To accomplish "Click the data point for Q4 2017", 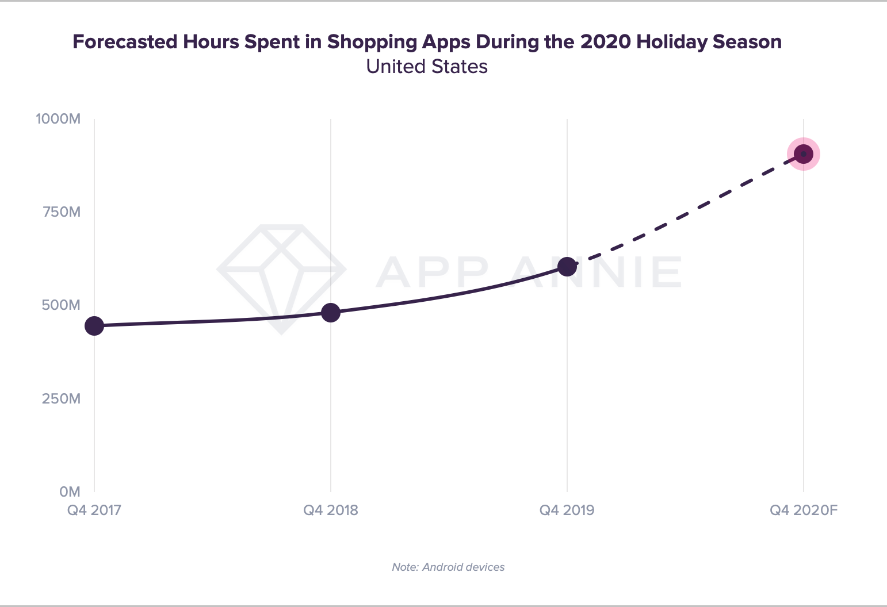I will click(94, 326).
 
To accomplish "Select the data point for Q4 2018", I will click(331, 313).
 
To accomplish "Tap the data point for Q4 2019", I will click(567, 267).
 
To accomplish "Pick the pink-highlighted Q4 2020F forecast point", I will click(803, 154).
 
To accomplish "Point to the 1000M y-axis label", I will click(58, 119).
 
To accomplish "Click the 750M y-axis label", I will click(61, 212).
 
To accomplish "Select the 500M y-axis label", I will click(61, 305).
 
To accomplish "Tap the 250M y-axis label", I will click(61, 398).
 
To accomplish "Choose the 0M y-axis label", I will click(70, 491).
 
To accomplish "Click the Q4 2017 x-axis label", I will click(94, 510).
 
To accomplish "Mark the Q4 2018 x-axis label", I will click(331, 510).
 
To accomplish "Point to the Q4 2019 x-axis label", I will click(567, 510).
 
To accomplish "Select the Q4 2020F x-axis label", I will click(804, 510).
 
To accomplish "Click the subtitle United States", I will click(427, 67).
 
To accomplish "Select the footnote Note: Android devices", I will click(448, 567).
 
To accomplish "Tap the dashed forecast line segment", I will click(690, 209).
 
